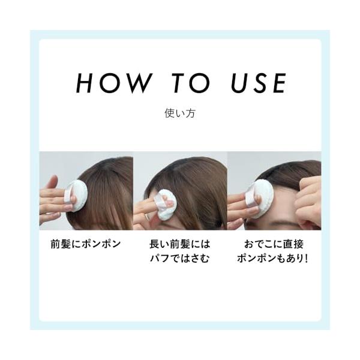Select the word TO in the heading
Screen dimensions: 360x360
pos(191,83)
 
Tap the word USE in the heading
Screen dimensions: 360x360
pos(259,83)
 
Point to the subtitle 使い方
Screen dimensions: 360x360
pos(180,113)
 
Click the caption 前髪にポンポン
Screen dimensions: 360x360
pos(86,244)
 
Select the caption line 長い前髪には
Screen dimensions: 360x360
pos(180,244)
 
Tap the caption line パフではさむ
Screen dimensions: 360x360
pos(180,258)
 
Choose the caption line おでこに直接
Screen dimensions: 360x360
pos(274,244)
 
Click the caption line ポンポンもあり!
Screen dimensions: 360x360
pos(272,258)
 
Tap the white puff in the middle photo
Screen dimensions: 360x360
pos(166,205)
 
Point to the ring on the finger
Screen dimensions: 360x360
pos(146,216)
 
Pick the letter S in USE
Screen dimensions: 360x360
pos(260,83)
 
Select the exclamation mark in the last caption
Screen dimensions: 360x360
pos(306,258)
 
